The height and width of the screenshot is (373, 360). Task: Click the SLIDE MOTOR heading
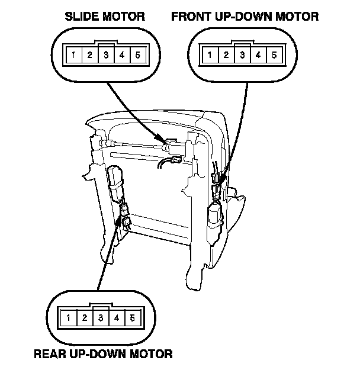(105, 17)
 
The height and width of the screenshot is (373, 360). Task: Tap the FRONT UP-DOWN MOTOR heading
(245, 17)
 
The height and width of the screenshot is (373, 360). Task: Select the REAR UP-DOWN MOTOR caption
(103, 354)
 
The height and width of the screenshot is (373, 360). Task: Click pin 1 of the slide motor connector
(73, 56)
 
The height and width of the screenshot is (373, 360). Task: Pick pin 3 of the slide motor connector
(106, 56)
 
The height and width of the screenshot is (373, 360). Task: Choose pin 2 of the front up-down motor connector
(226, 56)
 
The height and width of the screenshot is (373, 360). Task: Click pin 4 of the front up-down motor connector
(259, 56)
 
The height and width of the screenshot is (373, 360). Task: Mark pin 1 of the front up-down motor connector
(210, 56)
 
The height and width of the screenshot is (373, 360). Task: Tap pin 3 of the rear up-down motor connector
(101, 319)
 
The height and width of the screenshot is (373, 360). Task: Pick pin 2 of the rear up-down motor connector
(85, 319)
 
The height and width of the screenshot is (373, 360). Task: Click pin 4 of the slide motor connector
(123, 56)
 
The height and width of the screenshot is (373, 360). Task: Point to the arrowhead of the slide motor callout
(166, 142)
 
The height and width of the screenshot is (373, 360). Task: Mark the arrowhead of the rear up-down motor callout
(126, 222)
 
